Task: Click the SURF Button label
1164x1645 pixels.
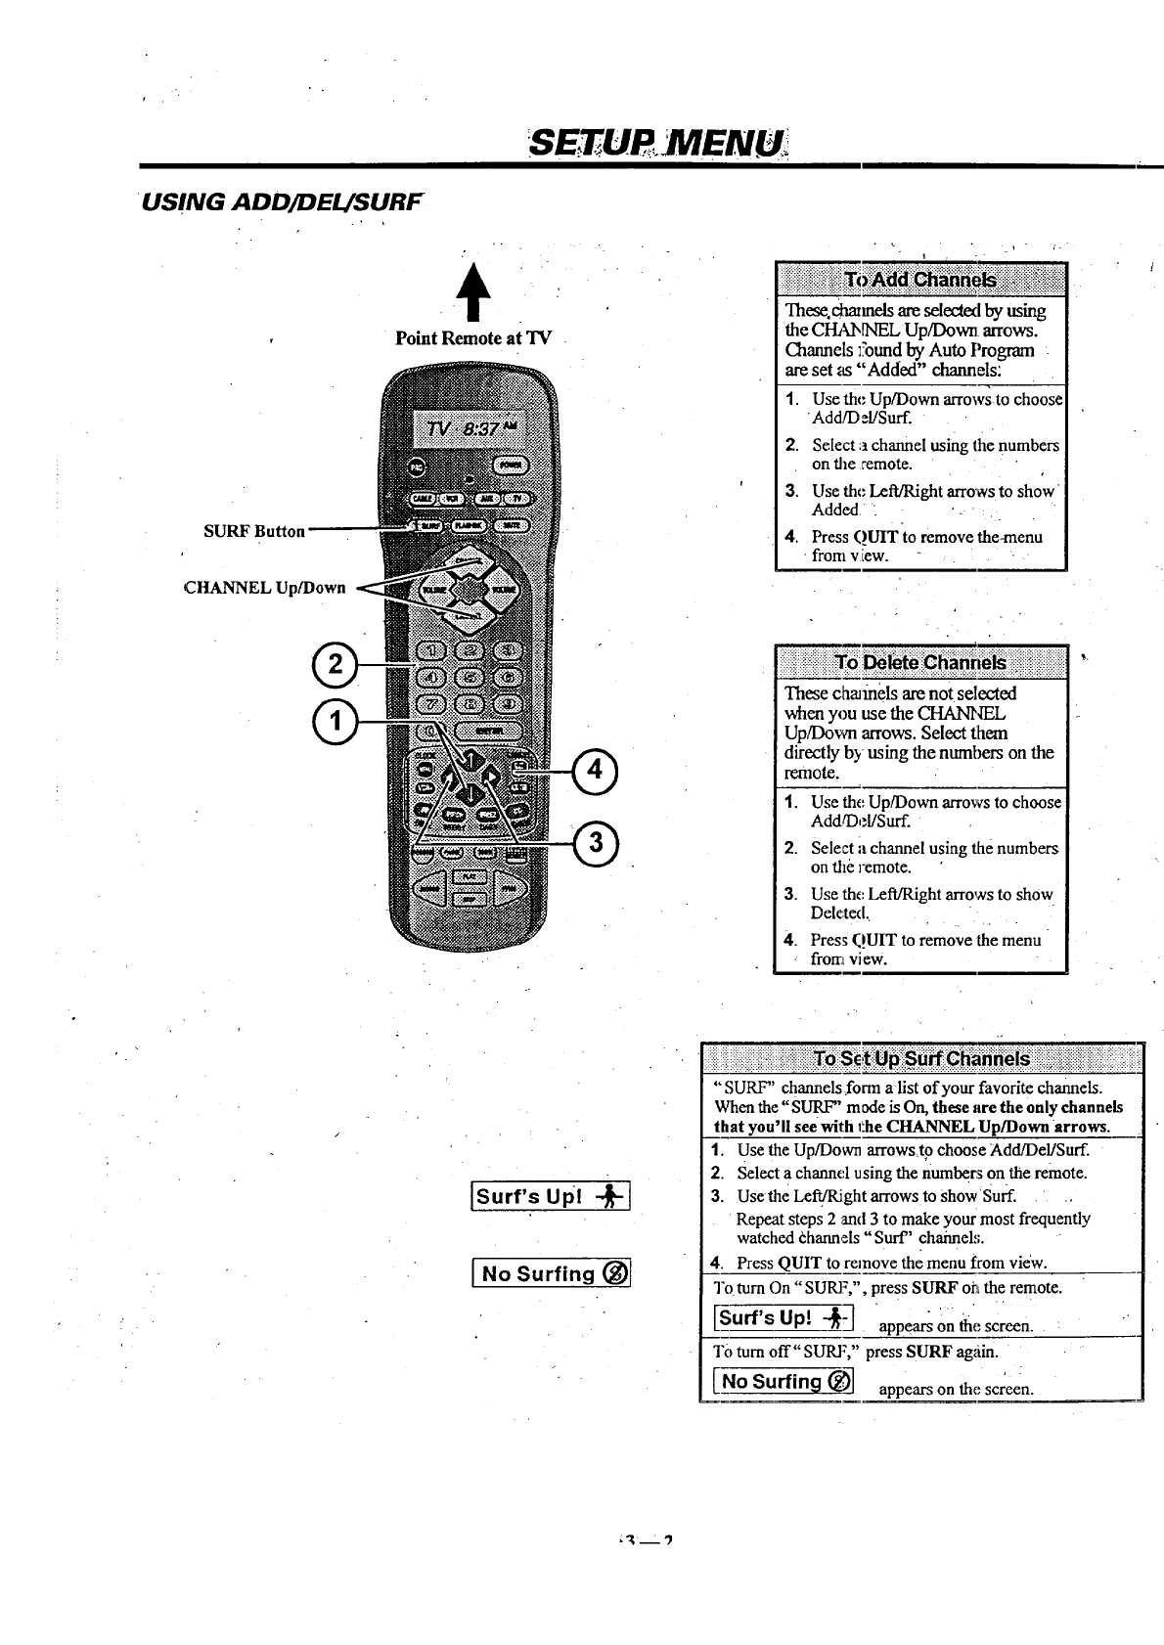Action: coord(254,531)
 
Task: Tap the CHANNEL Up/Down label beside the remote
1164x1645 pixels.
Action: coord(265,588)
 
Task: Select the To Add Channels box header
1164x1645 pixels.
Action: coord(919,280)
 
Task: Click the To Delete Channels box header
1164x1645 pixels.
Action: coord(919,662)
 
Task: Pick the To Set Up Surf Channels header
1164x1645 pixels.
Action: coord(921,1059)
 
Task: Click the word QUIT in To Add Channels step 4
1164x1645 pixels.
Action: coord(875,537)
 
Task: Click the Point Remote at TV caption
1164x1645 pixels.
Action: coord(473,338)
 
